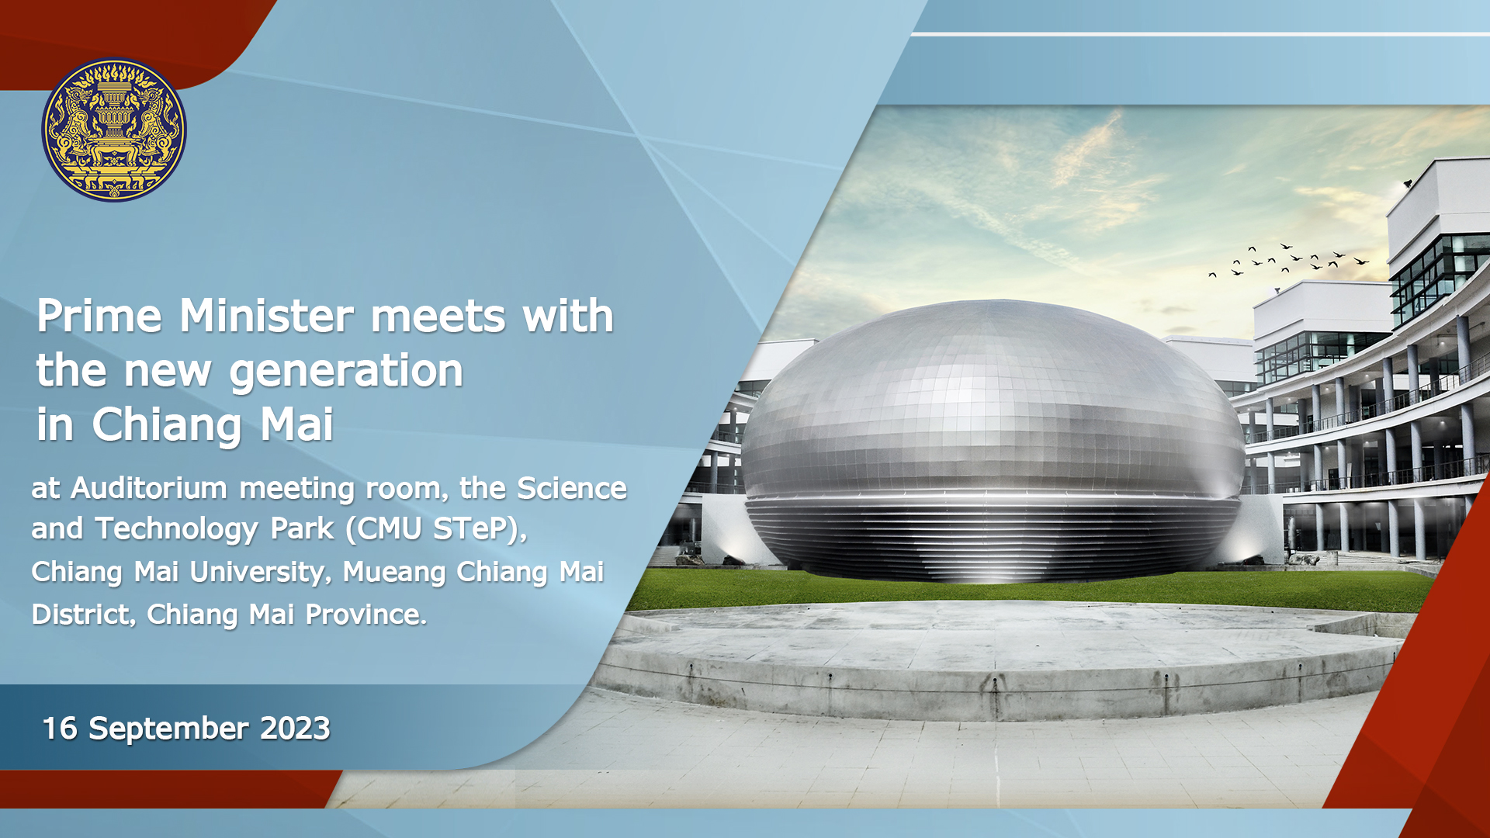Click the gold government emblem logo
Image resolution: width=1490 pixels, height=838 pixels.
click(x=114, y=130)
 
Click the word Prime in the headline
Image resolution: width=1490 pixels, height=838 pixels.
click(x=99, y=316)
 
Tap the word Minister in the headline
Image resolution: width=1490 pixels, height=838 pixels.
click(x=266, y=316)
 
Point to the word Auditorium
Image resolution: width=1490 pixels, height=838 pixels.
click(x=149, y=489)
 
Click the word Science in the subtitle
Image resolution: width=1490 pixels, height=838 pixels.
click(x=572, y=489)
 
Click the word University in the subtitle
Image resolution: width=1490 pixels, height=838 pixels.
click(x=258, y=573)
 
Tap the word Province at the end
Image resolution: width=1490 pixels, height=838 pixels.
click(x=366, y=615)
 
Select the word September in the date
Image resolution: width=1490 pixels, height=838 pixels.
click(x=168, y=729)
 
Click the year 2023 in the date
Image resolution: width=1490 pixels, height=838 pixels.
click(x=295, y=729)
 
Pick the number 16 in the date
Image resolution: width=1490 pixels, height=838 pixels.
click(x=60, y=729)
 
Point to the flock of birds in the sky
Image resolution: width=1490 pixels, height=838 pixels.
click(x=1288, y=259)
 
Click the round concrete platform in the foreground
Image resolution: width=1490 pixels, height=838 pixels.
click(x=1001, y=660)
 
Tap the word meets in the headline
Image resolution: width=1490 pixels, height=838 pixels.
click(x=438, y=317)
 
